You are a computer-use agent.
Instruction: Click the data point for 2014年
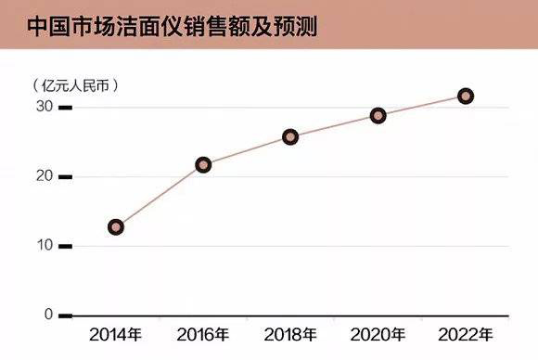tap(116, 226)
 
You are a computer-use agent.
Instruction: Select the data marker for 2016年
tap(203, 165)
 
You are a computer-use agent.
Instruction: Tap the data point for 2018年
tap(290, 136)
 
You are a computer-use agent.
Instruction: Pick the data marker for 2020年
tap(378, 116)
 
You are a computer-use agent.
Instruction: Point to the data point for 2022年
tap(466, 96)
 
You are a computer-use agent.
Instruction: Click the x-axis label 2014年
tap(115, 334)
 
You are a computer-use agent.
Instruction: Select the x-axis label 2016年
tap(203, 334)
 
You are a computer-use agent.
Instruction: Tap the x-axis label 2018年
tap(290, 334)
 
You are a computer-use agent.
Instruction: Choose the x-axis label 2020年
tap(378, 334)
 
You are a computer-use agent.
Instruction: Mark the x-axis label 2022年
tap(466, 334)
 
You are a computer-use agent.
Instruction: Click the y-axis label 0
tap(48, 315)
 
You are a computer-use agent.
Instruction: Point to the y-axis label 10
tap(45, 246)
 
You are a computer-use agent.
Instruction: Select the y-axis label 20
tap(45, 176)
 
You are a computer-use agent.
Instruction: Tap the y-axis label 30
tap(45, 108)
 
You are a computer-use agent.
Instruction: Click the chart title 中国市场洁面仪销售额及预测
tap(172, 26)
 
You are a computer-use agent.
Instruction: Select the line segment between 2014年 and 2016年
tap(160, 196)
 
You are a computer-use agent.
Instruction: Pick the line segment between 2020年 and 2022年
tap(422, 106)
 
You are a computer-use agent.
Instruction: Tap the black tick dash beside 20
tap(65, 177)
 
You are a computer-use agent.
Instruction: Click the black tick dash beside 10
tap(65, 246)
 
